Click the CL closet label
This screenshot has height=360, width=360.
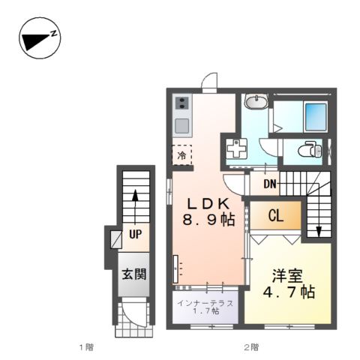tap(275, 217)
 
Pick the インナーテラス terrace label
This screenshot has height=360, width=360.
tap(205, 303)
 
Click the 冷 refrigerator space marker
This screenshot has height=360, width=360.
tap(181, 155)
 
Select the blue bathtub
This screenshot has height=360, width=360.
tap(308, 114)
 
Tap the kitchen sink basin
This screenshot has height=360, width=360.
tap(181, 124)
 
